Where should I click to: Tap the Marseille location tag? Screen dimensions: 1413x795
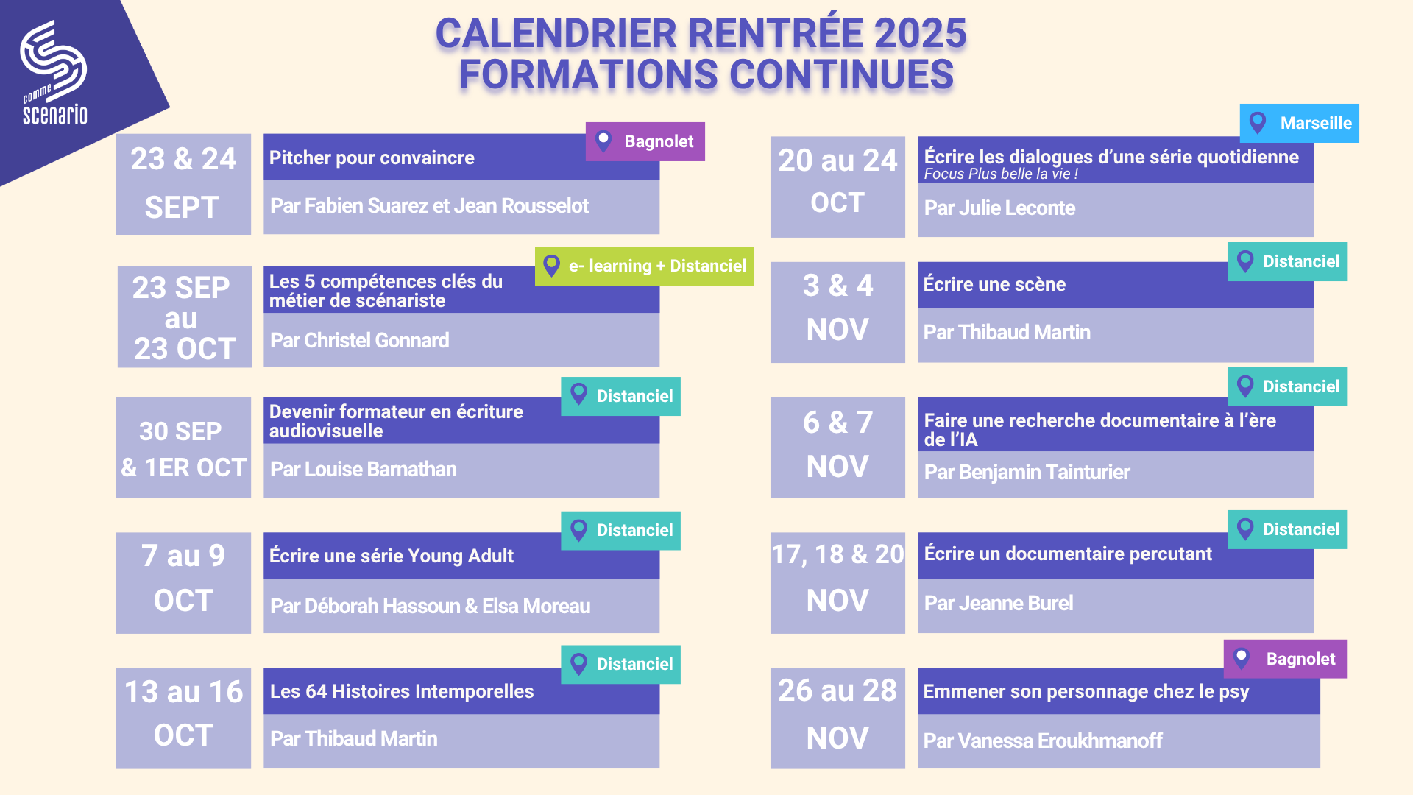coord(1299,123)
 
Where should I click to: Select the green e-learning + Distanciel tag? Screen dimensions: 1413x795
coord(644,266)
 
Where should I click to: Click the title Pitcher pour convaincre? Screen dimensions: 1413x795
coord(372,158)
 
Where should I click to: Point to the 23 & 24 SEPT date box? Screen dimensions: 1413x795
coord(183,184)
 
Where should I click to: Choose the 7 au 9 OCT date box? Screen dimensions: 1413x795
coord(183,582)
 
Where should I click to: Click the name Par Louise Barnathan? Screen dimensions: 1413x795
coord(364,469)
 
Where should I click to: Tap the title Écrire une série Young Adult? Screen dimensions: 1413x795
coord(392,556)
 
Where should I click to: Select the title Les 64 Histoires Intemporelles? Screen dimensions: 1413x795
coord(402,691)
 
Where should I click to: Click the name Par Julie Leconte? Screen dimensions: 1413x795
coord(999,208)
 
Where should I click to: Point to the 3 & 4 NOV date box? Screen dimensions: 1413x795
coord(837,312)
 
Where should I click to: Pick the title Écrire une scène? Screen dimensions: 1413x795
coord(994,284)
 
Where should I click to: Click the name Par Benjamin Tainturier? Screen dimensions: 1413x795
coord(1027,472)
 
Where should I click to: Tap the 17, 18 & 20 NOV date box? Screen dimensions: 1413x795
coord(837,582)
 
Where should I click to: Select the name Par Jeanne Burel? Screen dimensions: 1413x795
coord(999,603)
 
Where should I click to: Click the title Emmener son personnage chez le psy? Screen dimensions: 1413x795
coord(1086,692)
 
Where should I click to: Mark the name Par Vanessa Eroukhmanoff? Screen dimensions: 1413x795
coord(1043,741)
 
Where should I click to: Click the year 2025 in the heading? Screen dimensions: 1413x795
coord(920,33)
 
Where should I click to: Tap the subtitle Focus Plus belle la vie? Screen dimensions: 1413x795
coord(1001,174)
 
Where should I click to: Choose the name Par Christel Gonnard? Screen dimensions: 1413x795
coord(360,340)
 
